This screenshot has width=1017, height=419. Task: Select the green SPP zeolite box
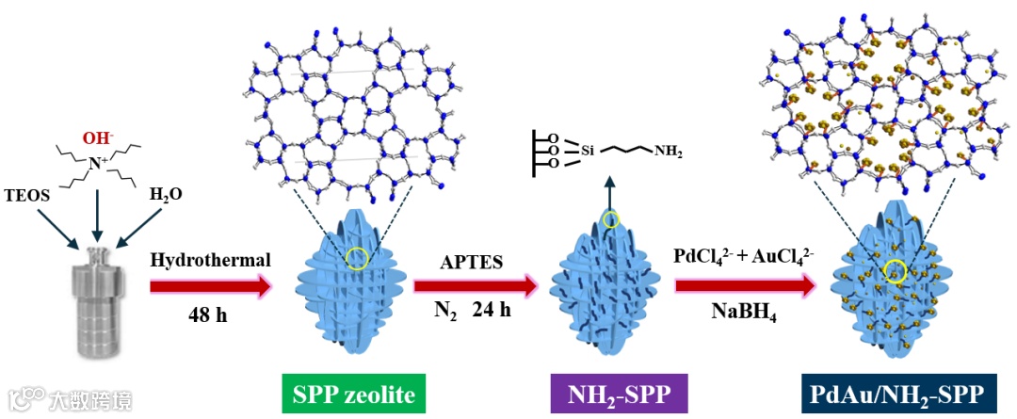[x=353, y=393]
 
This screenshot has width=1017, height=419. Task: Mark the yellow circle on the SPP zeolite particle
[x=355, y=258]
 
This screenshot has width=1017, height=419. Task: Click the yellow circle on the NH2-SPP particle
[x=611, y=220]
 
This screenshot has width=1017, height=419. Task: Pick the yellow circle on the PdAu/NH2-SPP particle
[x=895, y=272]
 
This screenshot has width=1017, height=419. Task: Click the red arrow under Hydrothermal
[x=213, y=285]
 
